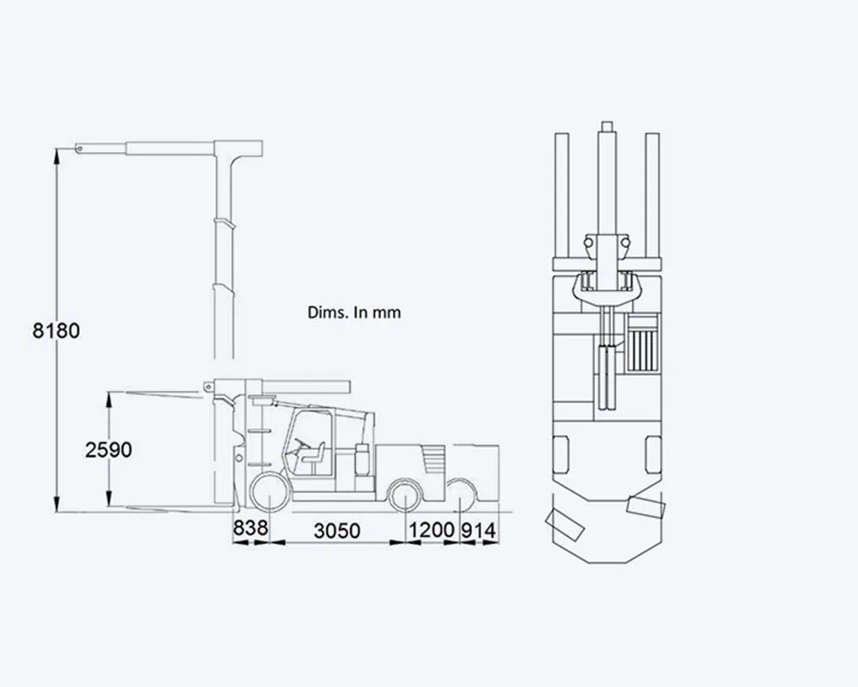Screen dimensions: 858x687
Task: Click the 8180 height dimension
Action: [x=56, y=331]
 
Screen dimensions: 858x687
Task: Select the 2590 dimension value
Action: [x=108, y=450]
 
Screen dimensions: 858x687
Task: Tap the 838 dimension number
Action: [x=251, y=528]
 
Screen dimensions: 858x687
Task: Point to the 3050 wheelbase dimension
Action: [x=337, y=531]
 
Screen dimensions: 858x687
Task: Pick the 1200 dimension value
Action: [x=432, y=530]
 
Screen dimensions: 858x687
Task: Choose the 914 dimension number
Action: [x=479, y=531]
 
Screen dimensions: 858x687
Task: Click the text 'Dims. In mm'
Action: [x=354, y=313]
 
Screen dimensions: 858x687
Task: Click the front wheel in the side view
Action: [x=270, y=493]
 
